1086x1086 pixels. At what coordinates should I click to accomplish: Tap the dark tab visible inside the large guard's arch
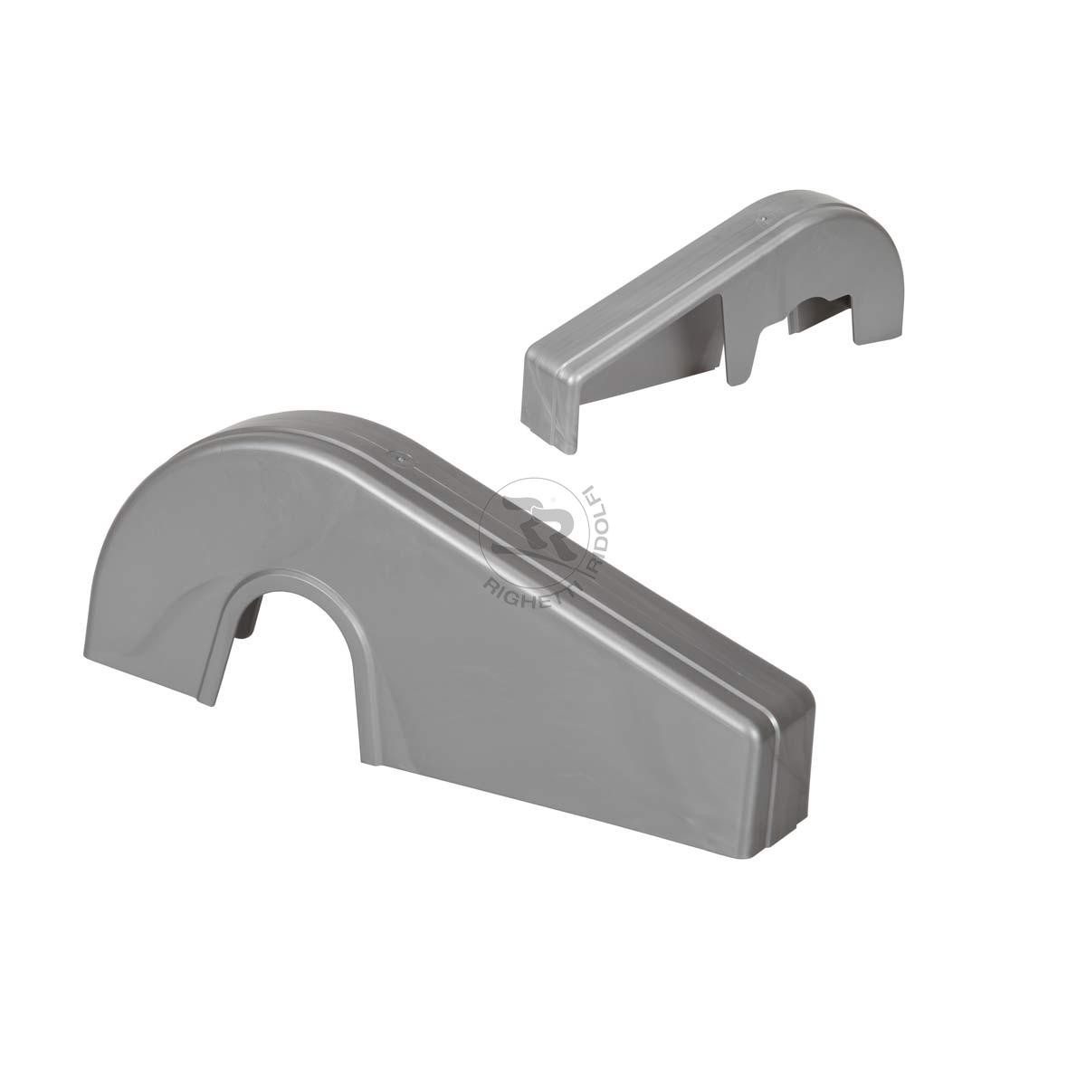click(x=250, y=616)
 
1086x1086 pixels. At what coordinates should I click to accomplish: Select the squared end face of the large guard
click(x=786, y=755)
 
